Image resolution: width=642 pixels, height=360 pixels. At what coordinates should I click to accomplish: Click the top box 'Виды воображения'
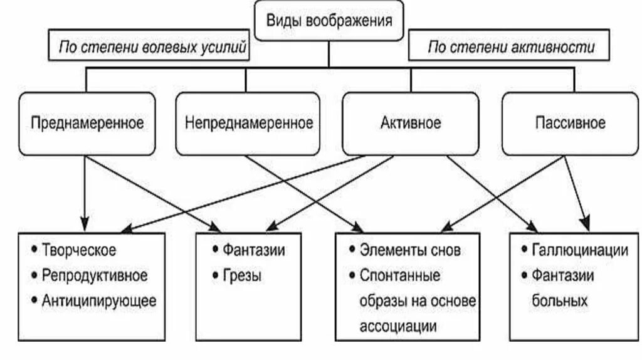pyautogui.click(x=329, y=21)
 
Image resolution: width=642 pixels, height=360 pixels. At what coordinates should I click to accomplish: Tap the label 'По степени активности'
pyautogui.click(x=510, y=47)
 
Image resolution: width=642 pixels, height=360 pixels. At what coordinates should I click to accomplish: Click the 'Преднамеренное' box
pyautogui.click(x=87, y=123)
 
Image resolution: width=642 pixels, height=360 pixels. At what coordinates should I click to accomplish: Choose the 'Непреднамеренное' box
pyautogui.click(x=249, y=123)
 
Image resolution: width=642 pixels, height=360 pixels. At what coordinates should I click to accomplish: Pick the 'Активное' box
pyautogui.click(x=411, y=123)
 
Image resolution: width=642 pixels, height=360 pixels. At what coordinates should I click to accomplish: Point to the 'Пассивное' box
pyautogui.click(x=571, y=123)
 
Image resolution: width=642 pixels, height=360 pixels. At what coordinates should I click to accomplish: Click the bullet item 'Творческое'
pyautogui.click(x=79, y=250)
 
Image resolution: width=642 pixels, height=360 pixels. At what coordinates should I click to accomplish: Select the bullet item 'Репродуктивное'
pyautogui.click(x=95, y=275)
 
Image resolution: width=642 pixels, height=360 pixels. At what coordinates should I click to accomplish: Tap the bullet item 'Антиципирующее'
pyautogui.click(x=99, y=300)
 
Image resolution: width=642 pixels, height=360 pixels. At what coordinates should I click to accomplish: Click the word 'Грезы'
pyautogui.click(x=241, y=275)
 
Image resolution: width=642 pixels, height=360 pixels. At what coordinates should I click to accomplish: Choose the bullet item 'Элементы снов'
pyautogui.click(x=410, y=250)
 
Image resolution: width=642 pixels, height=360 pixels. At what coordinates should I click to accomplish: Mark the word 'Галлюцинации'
pyautogui.click(x=579, y=250)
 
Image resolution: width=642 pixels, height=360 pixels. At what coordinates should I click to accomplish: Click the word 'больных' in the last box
pyautogui.click(x=560, y=300)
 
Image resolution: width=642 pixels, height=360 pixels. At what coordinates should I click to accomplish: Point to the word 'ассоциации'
pyautogui.click(x=398, y=326)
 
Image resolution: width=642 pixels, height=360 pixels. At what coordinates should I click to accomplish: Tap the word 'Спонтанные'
pyautogui.click(x=400, y=275)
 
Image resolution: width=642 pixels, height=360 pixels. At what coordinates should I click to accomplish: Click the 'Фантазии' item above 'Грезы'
pyautogui.click(x=253, y=250)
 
